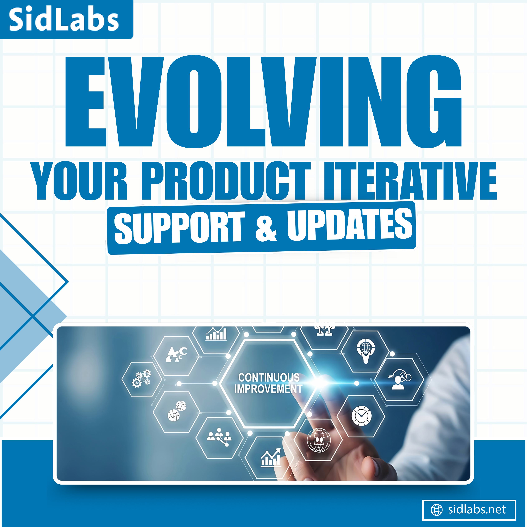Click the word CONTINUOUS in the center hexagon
pos(269,378)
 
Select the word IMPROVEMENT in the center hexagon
pos(268,389)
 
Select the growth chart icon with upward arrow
pos(271,458)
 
